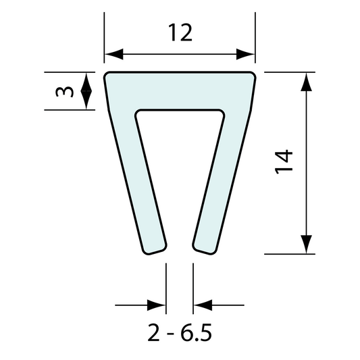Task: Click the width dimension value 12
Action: tap(180, 32)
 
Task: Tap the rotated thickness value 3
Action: tap(62, 91)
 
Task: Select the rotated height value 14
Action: tap(284, 162)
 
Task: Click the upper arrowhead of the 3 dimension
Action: tap(86, 80)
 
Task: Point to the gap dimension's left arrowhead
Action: tap(158, 305)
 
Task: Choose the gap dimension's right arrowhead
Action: tap(202, 305)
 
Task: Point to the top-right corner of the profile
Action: tap(253, 75)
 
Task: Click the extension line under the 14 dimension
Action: tap(290, 254)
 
